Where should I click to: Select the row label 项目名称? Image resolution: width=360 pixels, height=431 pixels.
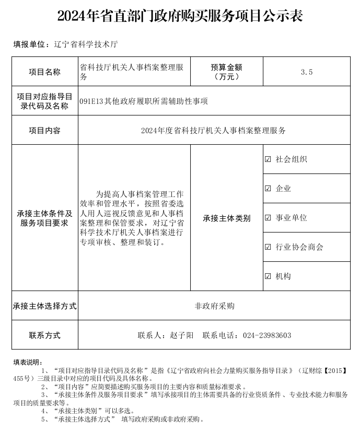(x=44, y=72)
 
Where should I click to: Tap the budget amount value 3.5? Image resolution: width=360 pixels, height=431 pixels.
(x=307, y=72)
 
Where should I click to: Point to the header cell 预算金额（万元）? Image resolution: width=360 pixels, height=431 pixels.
(x=226, y=72)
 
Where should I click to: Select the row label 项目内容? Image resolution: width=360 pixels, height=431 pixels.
(x=44, y=131)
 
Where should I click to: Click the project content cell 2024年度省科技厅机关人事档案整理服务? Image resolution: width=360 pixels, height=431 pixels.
(x=213, y=131)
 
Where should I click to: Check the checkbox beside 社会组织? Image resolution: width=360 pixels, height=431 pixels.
(x=268, y=159)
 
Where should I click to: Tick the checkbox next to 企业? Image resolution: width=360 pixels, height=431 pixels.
(x=268, y=189)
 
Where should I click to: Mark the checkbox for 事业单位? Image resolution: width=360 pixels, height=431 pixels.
(x=268, y=218)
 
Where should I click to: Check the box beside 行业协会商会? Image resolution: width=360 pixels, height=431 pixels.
(x=268, y=247)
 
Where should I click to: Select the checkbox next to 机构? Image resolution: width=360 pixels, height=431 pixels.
(x=268, y=276)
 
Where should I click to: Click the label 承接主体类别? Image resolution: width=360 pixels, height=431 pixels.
(x=226, y=218)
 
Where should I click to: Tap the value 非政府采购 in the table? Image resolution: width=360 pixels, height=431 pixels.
(x=214, y=306)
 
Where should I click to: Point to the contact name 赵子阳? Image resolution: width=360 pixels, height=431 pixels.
(x=181, y=335)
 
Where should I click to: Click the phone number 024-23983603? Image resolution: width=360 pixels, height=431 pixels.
(x=267, y=335)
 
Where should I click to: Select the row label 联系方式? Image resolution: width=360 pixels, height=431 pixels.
(x=44, y=335)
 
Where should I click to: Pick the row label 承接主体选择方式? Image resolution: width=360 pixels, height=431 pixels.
(x=44, y=306)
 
